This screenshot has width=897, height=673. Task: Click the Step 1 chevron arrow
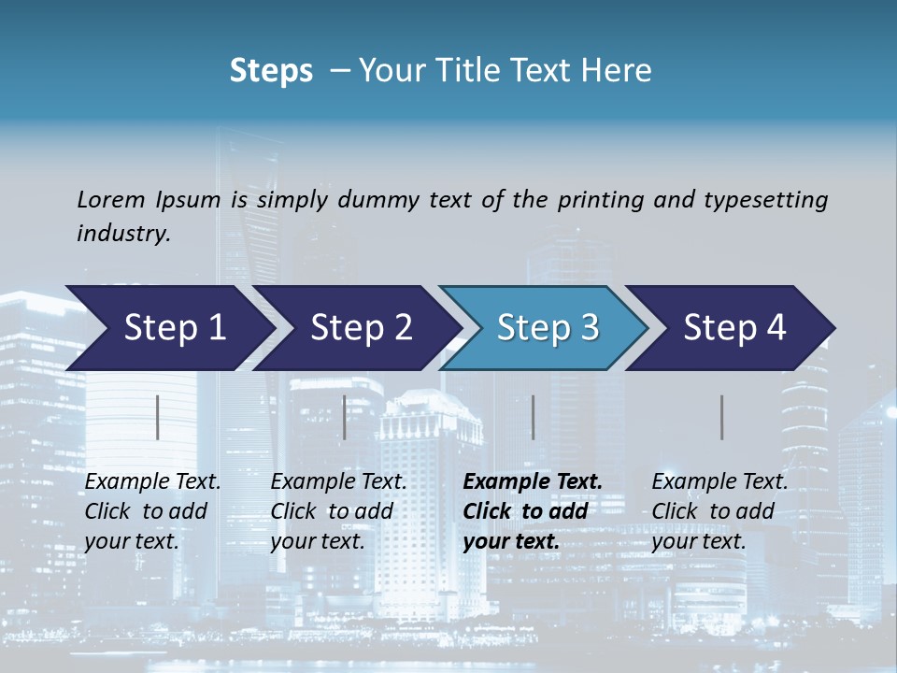pyautogui.click(x=168, y=328)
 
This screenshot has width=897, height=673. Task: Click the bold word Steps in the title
pyautogui.click(x=271, y=71)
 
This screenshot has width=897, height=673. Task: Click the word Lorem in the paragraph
pyautogui.click(x=111, y=199)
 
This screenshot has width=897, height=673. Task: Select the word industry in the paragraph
pyautogui.click(x=122, y=233)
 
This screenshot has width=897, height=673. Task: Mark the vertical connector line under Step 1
pyautogui.click(x=158, y=417)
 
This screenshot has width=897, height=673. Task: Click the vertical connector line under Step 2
pyautogui.click(x=345, y=417)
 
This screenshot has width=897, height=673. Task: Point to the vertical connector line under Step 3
pyautogui.click(x=534, y=417)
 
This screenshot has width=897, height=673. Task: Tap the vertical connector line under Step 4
pyautogui.click(x=722, y=417)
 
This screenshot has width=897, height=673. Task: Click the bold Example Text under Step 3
pyautogui.click(x=533, y=481)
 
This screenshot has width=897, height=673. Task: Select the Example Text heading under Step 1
pyautogui.click(x=152, y=481)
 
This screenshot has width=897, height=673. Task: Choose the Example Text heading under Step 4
pyautogui.click(x=719, y=481)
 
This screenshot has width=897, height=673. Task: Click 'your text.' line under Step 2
pyautogui.click(x=317, y=541)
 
